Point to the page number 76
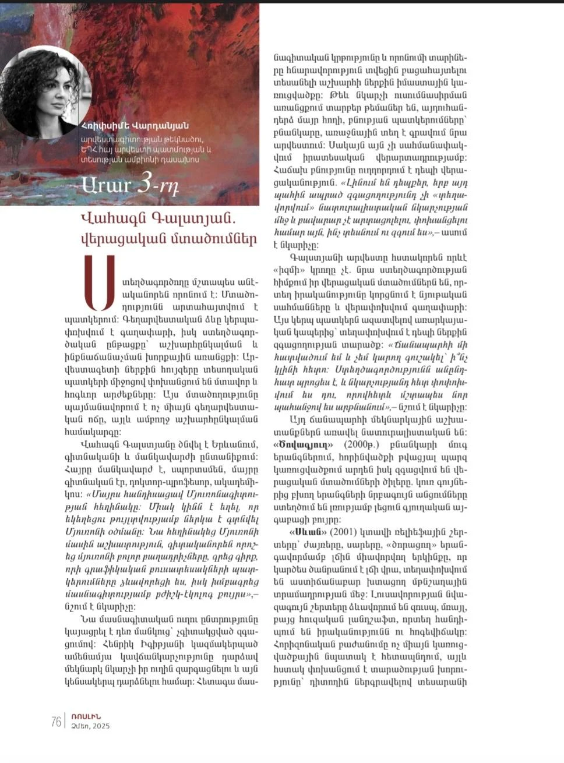pos(57,722)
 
